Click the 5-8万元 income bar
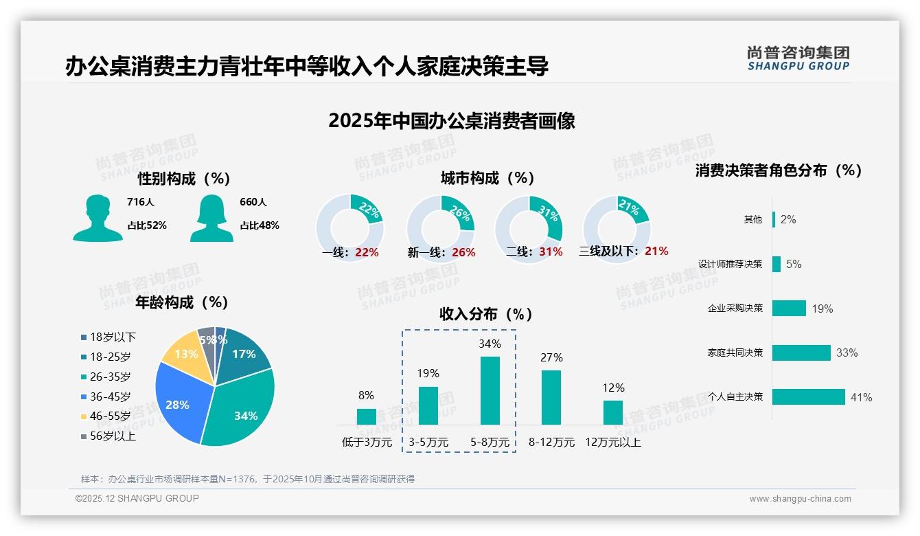tap(490, 390)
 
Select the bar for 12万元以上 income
tap(613, 412)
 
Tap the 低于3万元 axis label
tap(367, 443)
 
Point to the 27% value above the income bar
tap(551, 357)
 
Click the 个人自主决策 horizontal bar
tap(809, 397)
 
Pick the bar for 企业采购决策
tap(789, 309)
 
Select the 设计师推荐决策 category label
tap(731, 265)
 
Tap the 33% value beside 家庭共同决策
tap(847, 353)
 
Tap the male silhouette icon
tap(98, 219)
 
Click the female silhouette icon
tap(211, 219)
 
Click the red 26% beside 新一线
tap(463, 253)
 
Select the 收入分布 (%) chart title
tap(486, 315)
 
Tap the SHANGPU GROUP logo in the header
tap(798, 58)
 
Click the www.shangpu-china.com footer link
tap(800, 499)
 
